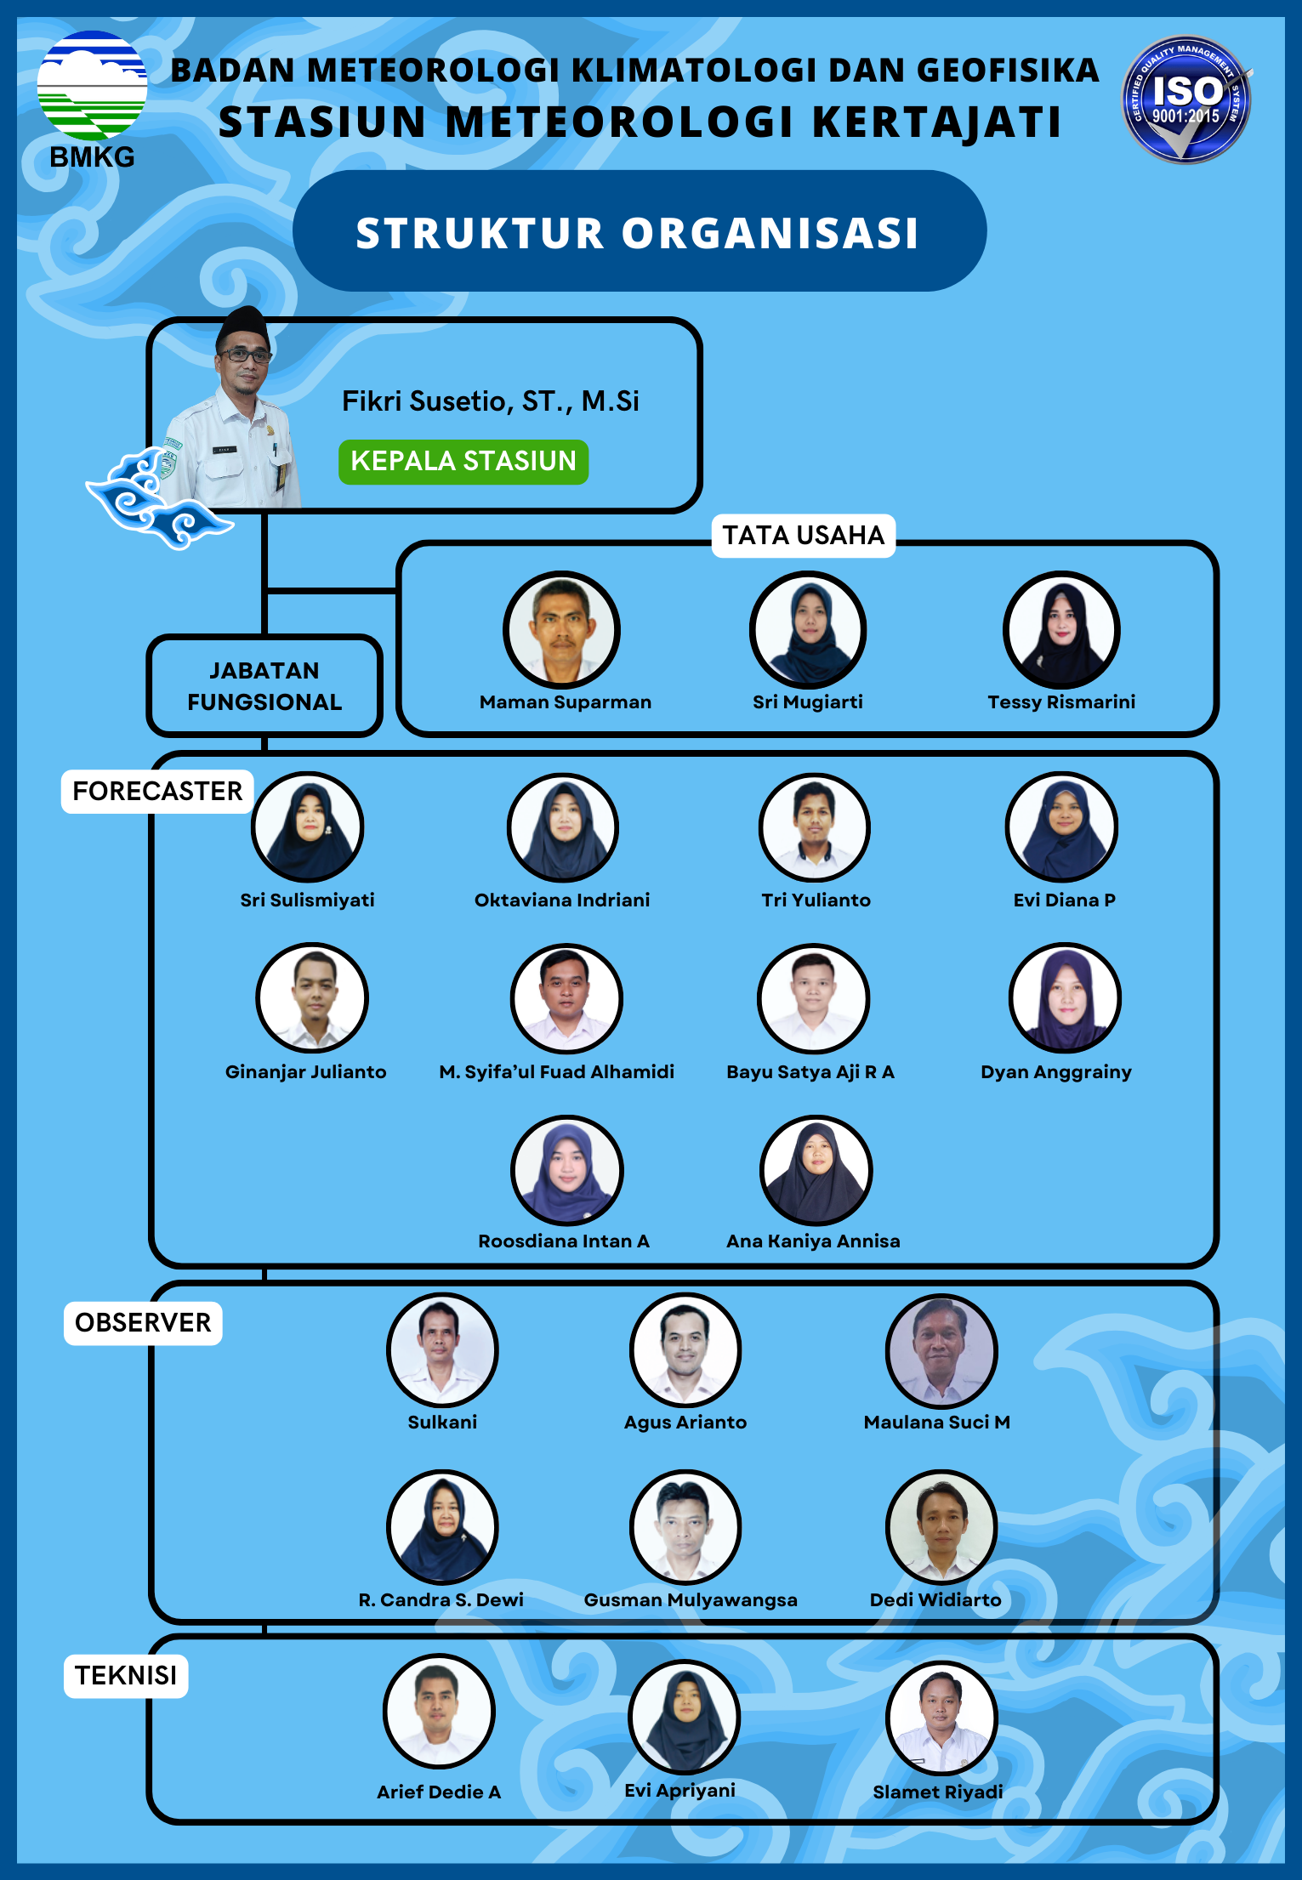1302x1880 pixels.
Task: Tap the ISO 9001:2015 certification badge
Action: point(1186,99)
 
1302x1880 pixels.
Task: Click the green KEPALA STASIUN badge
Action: point(463,462)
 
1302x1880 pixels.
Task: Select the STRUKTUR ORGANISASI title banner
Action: point(639,232)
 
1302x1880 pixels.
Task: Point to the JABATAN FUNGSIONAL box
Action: point(264,686)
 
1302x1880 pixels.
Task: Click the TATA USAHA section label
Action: point(804,536)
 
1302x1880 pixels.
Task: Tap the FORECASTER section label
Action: point(157,792)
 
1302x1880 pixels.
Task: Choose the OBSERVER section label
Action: point(143,1323)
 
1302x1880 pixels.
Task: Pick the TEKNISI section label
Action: point(126,1676)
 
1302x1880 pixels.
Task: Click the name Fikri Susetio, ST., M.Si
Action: point(490,401)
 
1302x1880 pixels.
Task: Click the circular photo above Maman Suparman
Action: point(561,629)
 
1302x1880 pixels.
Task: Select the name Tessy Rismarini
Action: point(1061,702)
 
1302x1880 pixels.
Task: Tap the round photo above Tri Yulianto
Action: point(815,827)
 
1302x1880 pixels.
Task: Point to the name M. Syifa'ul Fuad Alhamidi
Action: point(557,1072)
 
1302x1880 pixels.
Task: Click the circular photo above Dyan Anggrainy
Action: point(1065,998)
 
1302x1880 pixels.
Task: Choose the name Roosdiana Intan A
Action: point(564,1241)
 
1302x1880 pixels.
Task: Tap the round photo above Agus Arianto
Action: point(685,1349)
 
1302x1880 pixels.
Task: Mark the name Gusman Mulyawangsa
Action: point(691,1600)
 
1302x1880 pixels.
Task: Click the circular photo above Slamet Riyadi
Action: point(941,1717)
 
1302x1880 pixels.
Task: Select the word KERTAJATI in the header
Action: point(937,122)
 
